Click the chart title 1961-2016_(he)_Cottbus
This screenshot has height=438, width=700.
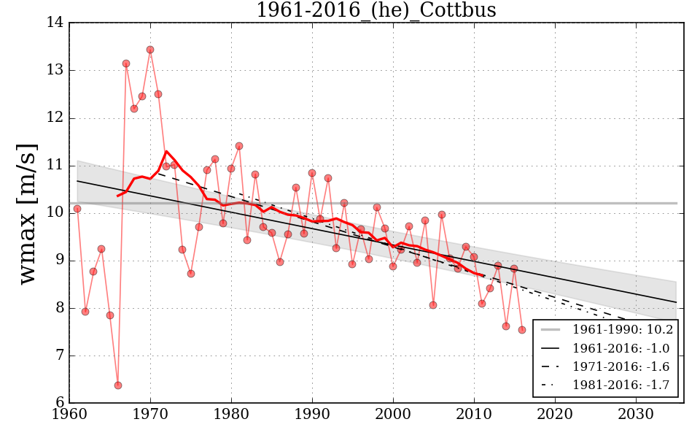click(376, 10)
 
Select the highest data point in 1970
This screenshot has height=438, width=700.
click(150, 50)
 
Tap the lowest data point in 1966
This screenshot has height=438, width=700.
click(118, 385)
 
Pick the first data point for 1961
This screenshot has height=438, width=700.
click(77, 209)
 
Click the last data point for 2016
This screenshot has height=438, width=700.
click(522, 329)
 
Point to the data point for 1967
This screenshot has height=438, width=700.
click(126, 64)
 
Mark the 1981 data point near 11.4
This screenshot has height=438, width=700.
click(239, 146)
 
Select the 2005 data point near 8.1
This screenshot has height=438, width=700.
click(433, 304)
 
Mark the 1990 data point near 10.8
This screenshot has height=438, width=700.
click(312, 173)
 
